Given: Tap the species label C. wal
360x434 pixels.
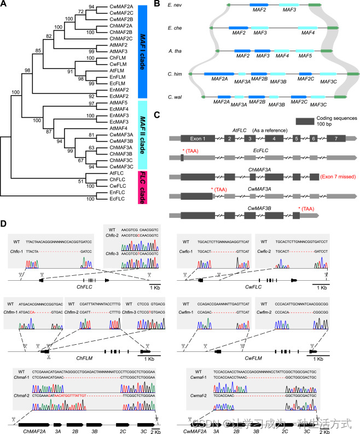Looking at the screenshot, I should click(x=179, y=97).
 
